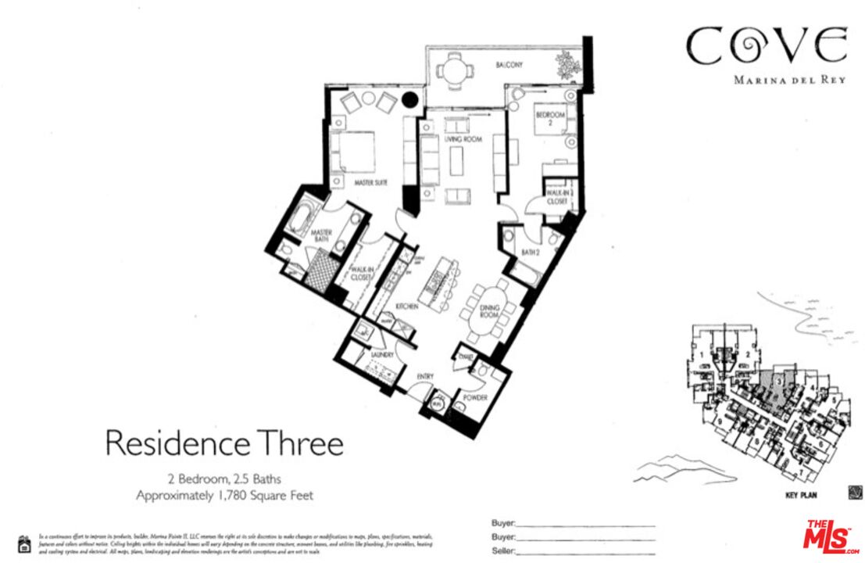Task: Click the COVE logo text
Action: (x=766, y=47)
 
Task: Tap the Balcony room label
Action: (x=509, y=65)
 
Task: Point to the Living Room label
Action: (x=463, y=139)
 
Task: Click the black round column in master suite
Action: (x=409, y=100)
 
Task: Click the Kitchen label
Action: (x=407, y=307)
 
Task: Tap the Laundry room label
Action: (x=371, y=356)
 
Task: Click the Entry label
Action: (x=425, y=377)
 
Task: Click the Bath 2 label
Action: (x=531, y=251)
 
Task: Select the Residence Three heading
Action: (x=224, y=443)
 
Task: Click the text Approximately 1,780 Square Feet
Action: (x=224, y=495)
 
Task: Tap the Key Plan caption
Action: (x=801, y=495)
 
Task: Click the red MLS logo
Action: (x=831, y=536)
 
